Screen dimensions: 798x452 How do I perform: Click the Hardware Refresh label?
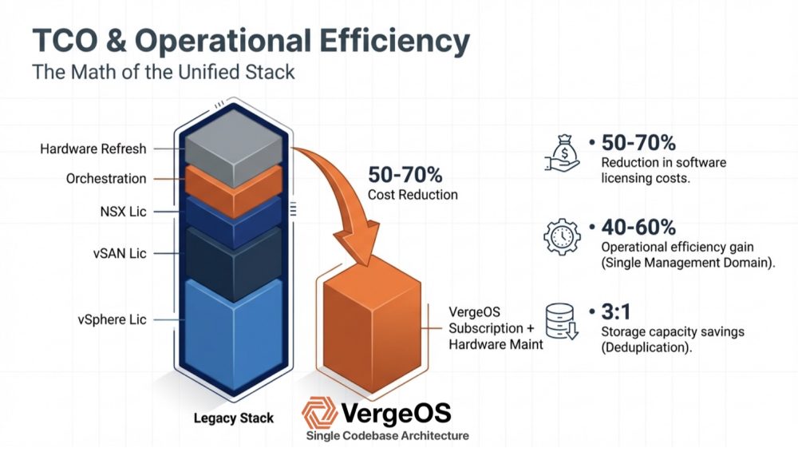point(93,149)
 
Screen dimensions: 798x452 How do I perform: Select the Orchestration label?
point(106,178)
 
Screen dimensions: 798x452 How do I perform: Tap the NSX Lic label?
point(123,212)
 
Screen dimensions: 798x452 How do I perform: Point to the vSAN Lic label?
point(120,253)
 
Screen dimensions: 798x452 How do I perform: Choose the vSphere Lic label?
point(112,319)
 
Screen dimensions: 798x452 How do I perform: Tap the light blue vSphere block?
point(234,334)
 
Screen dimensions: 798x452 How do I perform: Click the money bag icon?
point(562,153)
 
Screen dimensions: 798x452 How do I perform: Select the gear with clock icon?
point(562,237)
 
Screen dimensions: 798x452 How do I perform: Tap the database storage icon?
point(562,321)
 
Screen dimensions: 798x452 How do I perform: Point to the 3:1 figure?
point(616,311)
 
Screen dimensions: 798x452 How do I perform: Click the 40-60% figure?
point(638,228)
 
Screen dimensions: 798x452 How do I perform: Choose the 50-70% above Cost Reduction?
point(405,175)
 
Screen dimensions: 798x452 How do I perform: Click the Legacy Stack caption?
point(234,418)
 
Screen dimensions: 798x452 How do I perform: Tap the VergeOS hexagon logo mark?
point(320,413)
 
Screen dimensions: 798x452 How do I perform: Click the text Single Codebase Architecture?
point(387,436)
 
